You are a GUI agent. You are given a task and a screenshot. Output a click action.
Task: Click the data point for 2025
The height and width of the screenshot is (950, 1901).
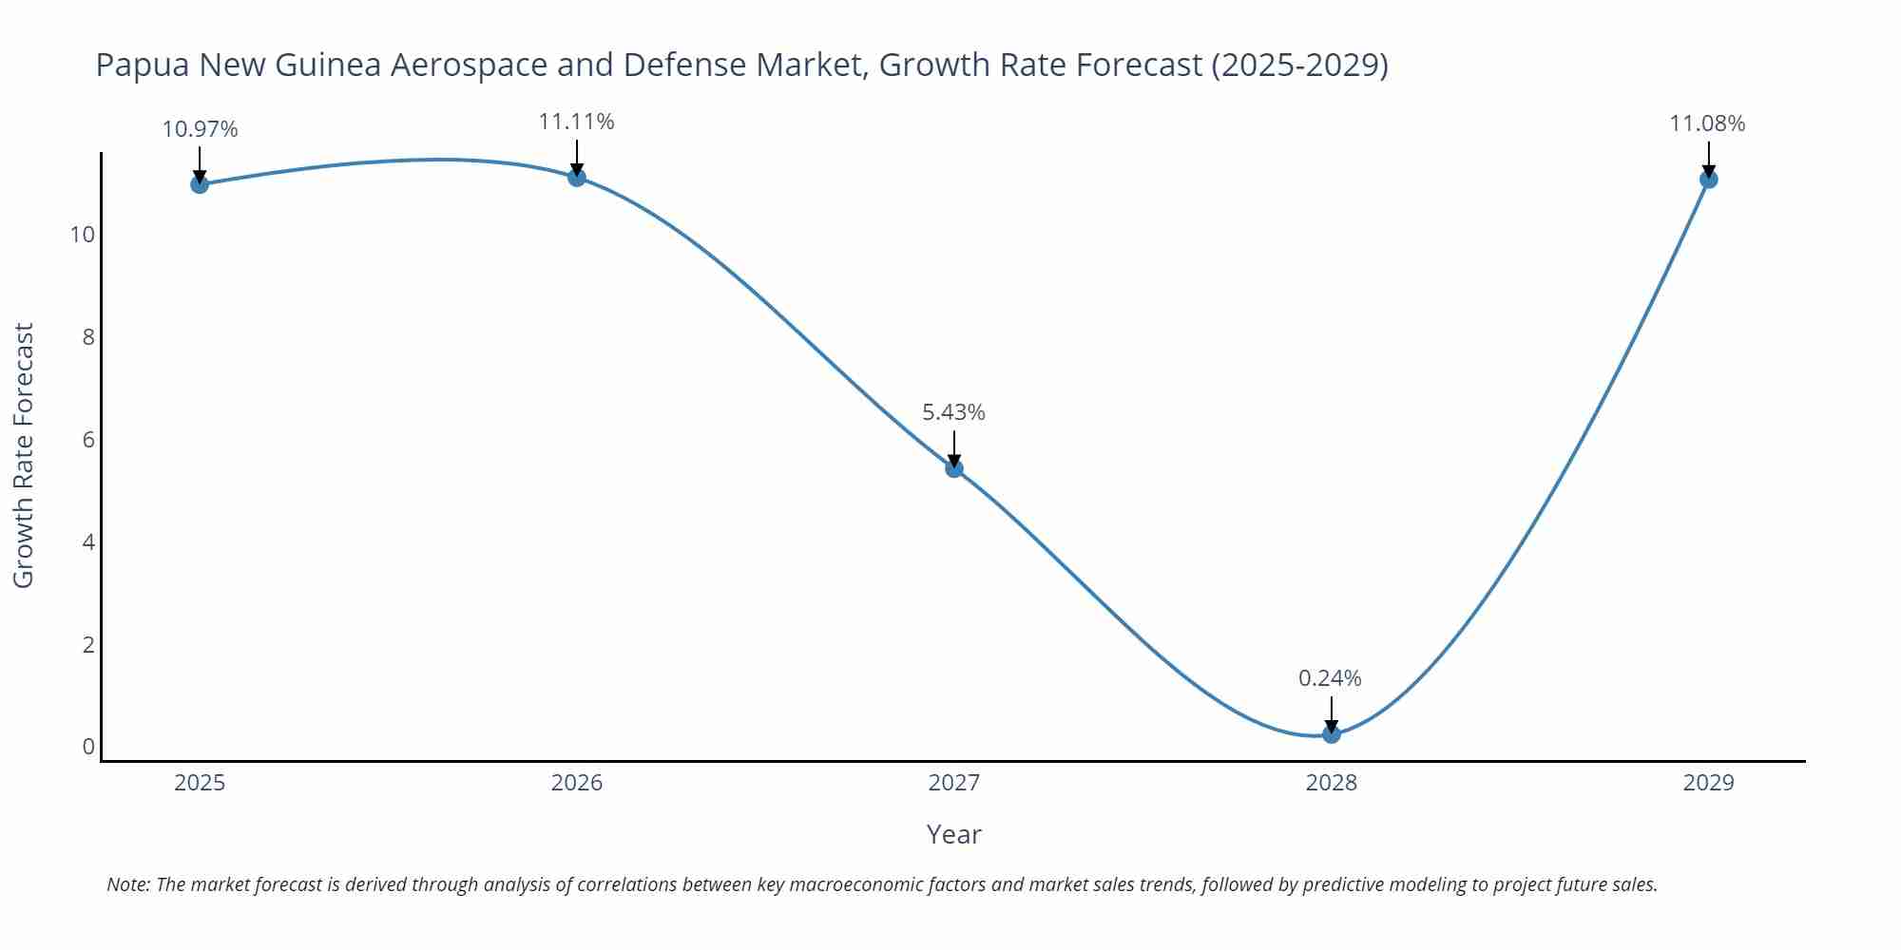tap(200, 184)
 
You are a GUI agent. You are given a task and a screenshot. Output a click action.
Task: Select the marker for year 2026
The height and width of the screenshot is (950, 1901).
tap(577, 177)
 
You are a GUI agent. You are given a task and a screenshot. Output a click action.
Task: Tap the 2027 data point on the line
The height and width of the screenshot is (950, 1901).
tap(954, 467)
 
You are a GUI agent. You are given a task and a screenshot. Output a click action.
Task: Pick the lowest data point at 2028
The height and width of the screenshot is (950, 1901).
tap(1332, 733)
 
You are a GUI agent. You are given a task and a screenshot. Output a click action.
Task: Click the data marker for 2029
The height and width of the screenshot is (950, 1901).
tap(1708, 179)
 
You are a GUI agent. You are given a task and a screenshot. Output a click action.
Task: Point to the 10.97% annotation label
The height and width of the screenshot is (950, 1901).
tap(200, 129)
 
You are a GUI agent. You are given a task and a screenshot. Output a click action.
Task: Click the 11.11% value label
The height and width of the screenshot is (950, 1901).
tap(577, 122)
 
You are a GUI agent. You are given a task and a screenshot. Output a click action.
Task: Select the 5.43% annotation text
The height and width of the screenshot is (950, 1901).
tap(953, 412)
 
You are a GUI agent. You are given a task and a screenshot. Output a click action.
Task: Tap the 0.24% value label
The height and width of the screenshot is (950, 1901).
tap(1330, 678)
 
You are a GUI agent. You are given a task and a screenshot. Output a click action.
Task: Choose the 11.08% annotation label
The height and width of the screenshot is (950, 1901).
tap(1707, 123)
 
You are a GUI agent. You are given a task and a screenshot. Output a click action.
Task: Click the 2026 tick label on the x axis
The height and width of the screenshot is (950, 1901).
tap(577, 783)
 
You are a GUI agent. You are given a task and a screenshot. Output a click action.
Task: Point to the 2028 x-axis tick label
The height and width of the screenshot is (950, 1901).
tap(1332, 783)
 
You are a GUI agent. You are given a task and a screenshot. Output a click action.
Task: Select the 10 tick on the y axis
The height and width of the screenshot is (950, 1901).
tap(83, 235)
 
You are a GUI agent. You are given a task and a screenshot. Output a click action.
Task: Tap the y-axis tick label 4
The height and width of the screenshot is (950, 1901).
tap(88, 542)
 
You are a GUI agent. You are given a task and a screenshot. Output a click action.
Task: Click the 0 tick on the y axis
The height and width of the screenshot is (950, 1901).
tap(88, 747)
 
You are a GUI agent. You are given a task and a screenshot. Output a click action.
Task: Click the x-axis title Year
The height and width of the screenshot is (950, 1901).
tap(953, 834)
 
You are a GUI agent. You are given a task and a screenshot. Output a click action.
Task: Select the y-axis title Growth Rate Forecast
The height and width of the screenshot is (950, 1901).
tap(24, 455)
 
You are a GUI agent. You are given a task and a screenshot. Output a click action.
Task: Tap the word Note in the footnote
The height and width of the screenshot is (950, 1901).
tap(127, 884)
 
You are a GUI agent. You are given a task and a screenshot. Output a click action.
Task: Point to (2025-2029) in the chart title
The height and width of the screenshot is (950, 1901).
tap(1299, 65)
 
